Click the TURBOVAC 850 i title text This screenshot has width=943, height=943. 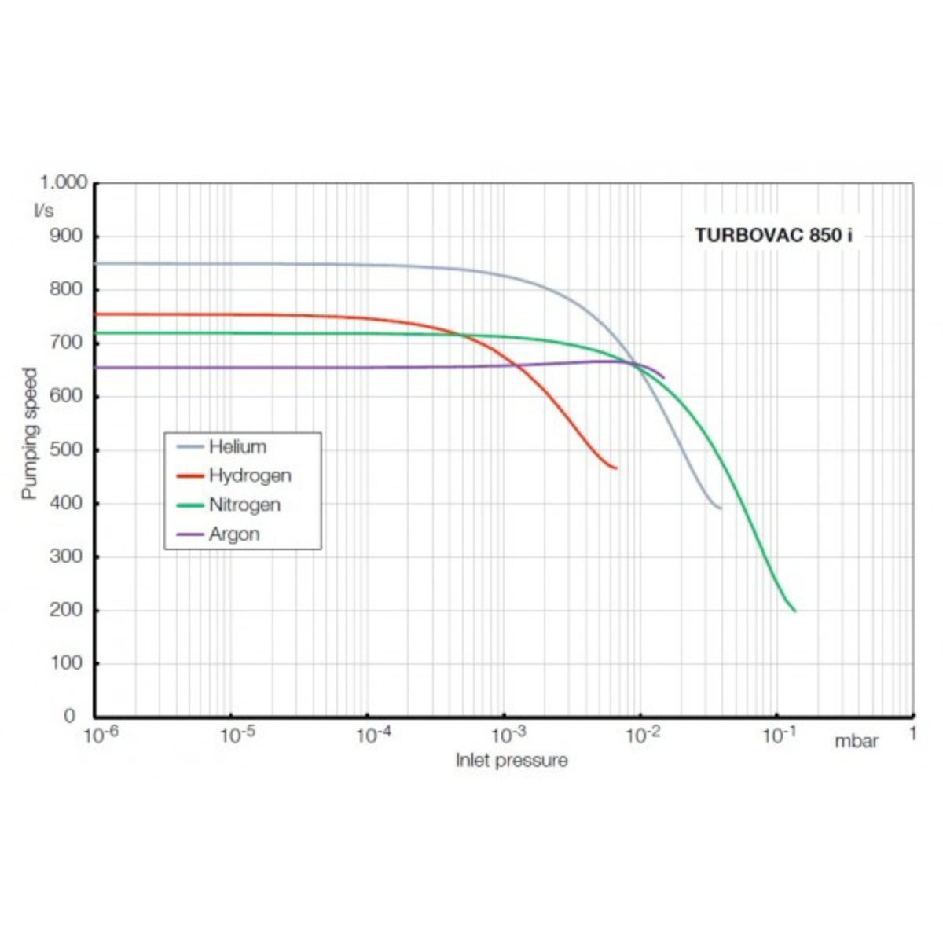(x=773, y=235)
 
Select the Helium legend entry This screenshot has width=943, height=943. (x=237, y=447)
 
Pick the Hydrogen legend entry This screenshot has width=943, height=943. (x=249, y=475)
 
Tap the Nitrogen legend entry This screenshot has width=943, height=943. (x=244, y=505)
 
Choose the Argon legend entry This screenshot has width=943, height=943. (x=233, y=534)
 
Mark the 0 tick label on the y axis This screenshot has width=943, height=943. (x=69, y=716)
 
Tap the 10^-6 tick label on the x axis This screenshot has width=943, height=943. (x=100, y=736)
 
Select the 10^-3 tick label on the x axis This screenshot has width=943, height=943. (x=508, y=736)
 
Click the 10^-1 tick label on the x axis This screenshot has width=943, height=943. (x=780, y=736)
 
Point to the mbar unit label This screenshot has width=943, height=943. (x=856, y=740)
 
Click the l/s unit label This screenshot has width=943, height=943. (x=43, y=210)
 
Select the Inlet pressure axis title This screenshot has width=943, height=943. (x=512, y=760)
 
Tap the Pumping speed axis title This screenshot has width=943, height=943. (x=29, y=434)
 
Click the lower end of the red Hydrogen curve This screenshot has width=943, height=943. (x=616, y=468)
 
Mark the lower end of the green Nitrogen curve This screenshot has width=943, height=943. (x=794, y=611)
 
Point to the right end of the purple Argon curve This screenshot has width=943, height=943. (x=664, y=378)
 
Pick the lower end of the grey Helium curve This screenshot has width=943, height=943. (x=721, y=508)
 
